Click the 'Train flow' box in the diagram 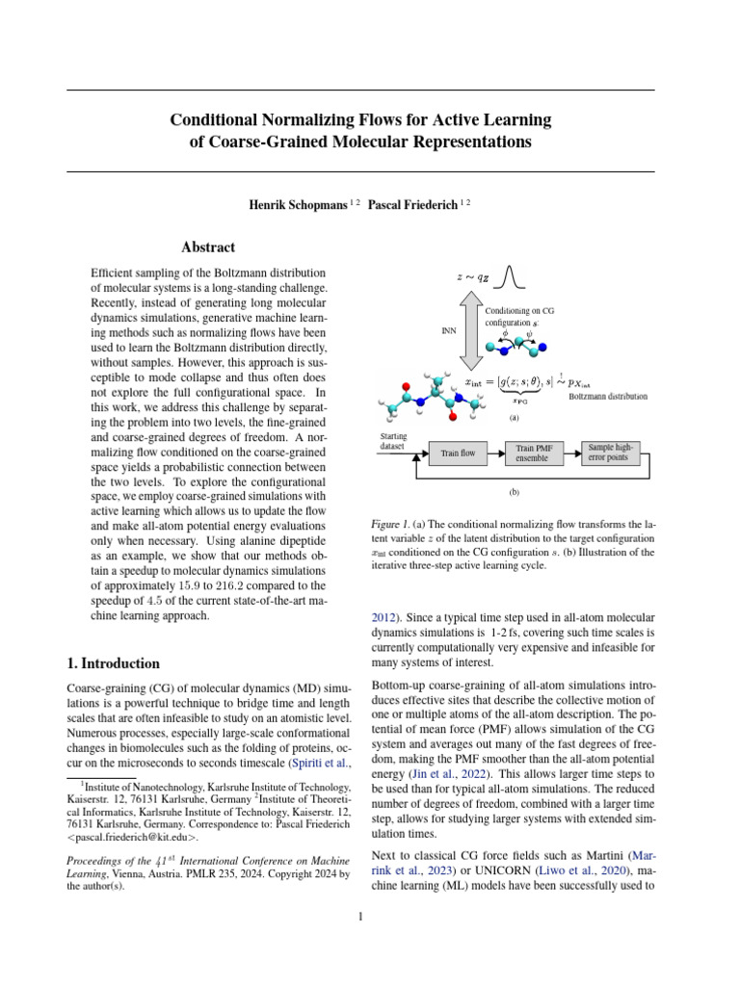point(459,452)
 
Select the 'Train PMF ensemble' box point(533,452)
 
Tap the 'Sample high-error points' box point(612,452)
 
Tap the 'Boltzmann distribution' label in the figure point(608,396)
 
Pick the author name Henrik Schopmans point(297,204)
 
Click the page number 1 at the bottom point(360,916)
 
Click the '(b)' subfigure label point(514,491)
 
